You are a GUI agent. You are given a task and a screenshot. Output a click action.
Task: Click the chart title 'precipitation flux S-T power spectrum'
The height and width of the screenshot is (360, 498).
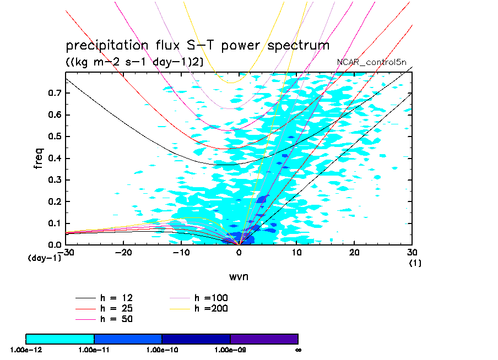pos(197,45)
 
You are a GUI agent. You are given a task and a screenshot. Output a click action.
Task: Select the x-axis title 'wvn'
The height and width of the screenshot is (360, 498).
pos(239,276)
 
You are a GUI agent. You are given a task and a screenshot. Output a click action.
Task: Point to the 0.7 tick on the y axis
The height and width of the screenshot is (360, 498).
pos(54,94)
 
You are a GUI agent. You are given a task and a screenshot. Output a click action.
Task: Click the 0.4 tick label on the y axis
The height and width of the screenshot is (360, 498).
pos(54,159)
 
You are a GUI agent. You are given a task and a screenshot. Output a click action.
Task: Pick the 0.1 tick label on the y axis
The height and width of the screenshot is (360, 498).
pos(54,223)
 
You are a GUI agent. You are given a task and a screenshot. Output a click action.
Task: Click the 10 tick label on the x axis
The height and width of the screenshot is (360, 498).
pos(297,252)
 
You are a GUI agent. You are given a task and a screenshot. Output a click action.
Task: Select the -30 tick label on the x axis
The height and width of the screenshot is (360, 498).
pos(65,252)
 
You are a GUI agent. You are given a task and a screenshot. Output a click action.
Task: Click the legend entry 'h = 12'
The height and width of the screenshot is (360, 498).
pos(116,298)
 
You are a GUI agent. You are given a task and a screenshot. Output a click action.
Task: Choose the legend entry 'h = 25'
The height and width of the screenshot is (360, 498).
pos(116,308)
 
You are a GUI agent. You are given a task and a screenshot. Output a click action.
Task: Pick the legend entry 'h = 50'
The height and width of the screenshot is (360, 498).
pos(116,319)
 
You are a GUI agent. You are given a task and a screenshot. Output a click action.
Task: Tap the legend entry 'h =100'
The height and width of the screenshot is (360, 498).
pos(212,298)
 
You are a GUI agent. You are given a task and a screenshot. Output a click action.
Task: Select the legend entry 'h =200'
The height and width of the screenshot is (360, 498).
pos(212,308)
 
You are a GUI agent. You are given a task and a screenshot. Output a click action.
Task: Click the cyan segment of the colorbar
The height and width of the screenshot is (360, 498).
pos(60,339)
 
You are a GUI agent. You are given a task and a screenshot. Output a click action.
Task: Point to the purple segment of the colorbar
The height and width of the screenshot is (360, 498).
pos(264,339)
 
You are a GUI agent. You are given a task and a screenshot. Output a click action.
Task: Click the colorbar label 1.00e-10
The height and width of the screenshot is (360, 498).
pos(162,350)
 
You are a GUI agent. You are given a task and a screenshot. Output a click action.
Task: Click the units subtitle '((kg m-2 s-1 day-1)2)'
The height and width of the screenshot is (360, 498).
pos(135,62)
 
